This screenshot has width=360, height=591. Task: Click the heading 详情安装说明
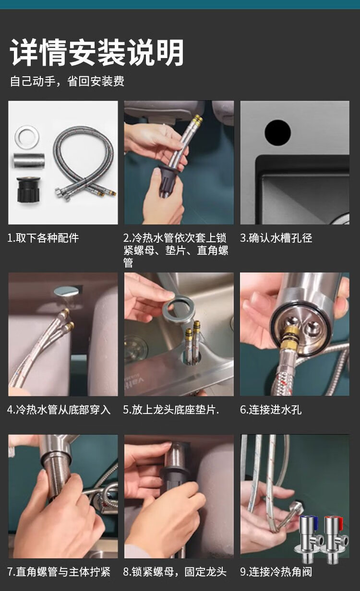[x=96, y=52]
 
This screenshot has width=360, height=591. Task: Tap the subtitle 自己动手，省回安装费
[x=67, y=81]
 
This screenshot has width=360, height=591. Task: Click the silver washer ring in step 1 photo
[x=27, y=137]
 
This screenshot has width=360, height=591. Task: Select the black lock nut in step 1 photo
[x=29, y=189]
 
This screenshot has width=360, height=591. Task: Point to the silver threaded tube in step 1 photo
[x=29, y=160]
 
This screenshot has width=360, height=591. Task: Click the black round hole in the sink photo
[x=277, y=133]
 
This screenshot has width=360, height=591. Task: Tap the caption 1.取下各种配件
[x=43, y=238]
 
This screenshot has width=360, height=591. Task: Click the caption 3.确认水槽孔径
[x=276, y=238]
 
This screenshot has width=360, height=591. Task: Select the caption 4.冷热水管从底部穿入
[x=59, y=410]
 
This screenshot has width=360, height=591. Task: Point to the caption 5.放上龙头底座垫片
[x=171, y=410]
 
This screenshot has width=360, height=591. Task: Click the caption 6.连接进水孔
[x=271, y=410]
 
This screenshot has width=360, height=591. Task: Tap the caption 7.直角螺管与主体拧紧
[x=59, y=572]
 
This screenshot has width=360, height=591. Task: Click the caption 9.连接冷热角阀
[x=276, y=572]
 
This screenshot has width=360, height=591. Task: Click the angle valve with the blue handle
[x=308, y=538]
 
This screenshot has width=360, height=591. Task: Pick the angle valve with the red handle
[x=334, y=538]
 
